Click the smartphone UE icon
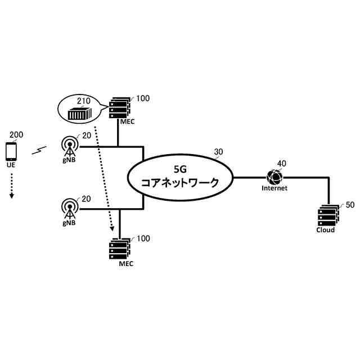tap(11, 151)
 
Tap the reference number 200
tap(17, 135)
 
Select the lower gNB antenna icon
tap(70, 208)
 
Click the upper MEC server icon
tap(120, 106)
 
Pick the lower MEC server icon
tap(120, 247)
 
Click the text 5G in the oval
tap(180, 168)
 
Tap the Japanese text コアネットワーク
tap(180, 183)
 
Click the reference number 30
tap(219, 151)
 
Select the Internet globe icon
tap(274, 177)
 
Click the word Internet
tap(274, 188)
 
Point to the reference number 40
tap(282, 163)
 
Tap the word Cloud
tap(325, 230)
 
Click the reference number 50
tap(350, 205)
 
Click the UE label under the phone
tap(11, 166)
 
